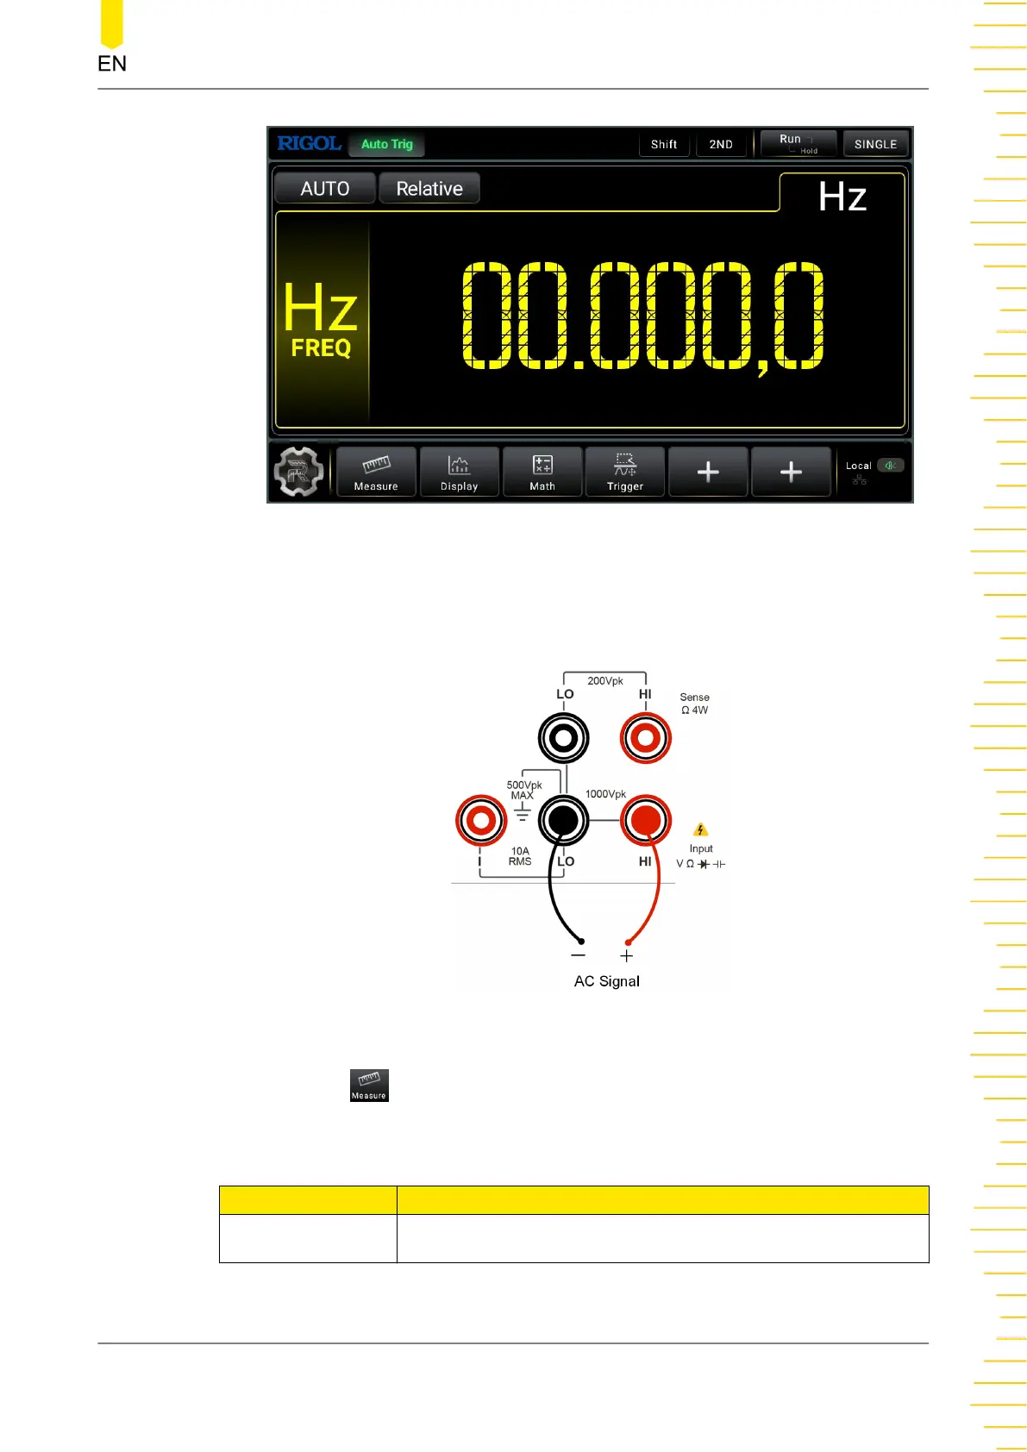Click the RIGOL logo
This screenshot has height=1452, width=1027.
pos(309,144)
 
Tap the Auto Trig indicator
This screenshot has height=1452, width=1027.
pos(386,144)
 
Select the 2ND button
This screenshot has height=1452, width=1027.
pos(721,144)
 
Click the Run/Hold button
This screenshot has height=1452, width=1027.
pos(798,143)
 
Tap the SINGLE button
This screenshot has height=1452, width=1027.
pos(875,144)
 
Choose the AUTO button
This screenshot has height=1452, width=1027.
pos(325,189)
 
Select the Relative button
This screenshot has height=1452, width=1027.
pos(429,189)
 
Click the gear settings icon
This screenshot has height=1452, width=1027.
pos(298,473)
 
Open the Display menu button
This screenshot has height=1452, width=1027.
pos(459,473)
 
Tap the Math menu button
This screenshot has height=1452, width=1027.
pos(542,473)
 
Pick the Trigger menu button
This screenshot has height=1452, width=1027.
pos(625,473)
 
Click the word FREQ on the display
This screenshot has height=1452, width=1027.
pos(321,348)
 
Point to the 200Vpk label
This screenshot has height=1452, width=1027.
pos(605,681)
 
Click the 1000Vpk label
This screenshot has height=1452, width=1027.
pos(605,794)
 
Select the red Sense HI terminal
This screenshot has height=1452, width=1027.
pos(646,738)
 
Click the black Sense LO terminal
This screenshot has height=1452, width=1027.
pos(564,738)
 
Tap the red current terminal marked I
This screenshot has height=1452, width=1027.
pos(481,820)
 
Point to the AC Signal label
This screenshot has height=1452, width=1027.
pos(607,981)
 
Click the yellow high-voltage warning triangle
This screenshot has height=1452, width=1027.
pos(700,829)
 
